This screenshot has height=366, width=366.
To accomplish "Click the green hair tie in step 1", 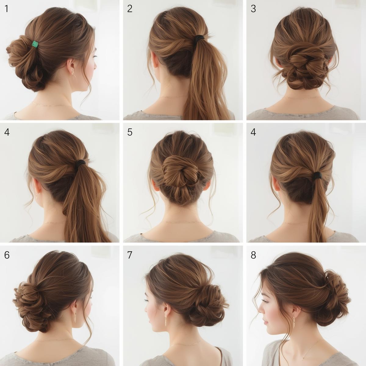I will (35, 45).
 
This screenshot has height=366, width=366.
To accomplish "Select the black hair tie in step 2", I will (200, 39).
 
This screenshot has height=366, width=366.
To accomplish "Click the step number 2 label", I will (130, 9).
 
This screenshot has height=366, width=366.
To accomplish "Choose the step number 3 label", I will (253, 9).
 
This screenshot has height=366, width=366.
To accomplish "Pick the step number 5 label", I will (130, 132).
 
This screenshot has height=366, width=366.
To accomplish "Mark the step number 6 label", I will (7, 255).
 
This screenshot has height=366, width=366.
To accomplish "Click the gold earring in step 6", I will (75, 317).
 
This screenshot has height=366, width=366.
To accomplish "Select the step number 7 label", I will (130, 255).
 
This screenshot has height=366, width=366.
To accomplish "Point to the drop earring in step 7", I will (166, 320).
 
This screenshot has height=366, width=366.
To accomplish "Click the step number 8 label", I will (253, 255).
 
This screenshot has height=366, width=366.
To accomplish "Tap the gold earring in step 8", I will (294, 322).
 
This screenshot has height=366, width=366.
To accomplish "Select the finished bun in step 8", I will (334, 293).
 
